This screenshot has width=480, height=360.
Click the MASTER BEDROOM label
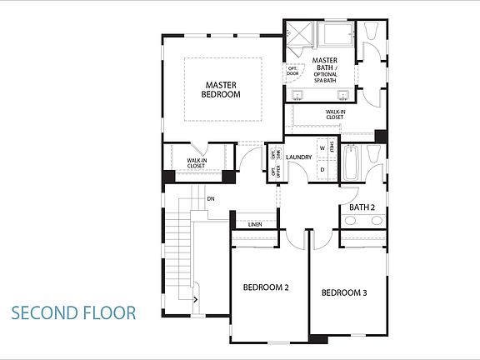tap(221, 89)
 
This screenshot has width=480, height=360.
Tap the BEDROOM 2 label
tap(266, 287)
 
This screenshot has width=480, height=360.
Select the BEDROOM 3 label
tap(344, 292)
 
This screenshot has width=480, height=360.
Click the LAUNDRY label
tap(298, 157)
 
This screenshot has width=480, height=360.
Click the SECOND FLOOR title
tap(73, 313)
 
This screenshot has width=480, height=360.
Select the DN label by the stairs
tap(211, 198)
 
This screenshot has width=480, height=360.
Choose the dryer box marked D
tap(322, 170)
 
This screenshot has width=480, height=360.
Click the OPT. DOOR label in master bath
tap(292, 71)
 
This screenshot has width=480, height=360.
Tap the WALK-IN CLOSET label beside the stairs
tap(196, 162)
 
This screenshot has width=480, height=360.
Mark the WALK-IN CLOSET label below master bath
tap(335, 114)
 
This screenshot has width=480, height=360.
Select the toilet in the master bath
tap(372, 33)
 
